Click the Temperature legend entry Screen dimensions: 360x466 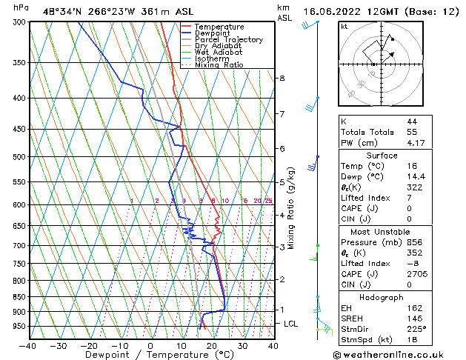pyautogui.click(x=219, y=27)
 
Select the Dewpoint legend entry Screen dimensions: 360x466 pyautogui.click(x=213, y=33)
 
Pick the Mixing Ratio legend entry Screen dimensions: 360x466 pyautogui.click(x=219, y=65)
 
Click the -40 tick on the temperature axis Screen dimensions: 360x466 pyautogui.click(x=28, y=345)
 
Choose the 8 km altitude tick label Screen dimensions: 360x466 pyautogui.click(x=282, y=78)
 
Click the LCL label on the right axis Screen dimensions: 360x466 pyautogui.click(x=291, y=324)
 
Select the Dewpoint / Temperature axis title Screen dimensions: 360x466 pyautogui.click(x=150, y=355)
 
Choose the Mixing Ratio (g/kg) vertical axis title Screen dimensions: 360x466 pyautogui.click(x=291, y=207)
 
